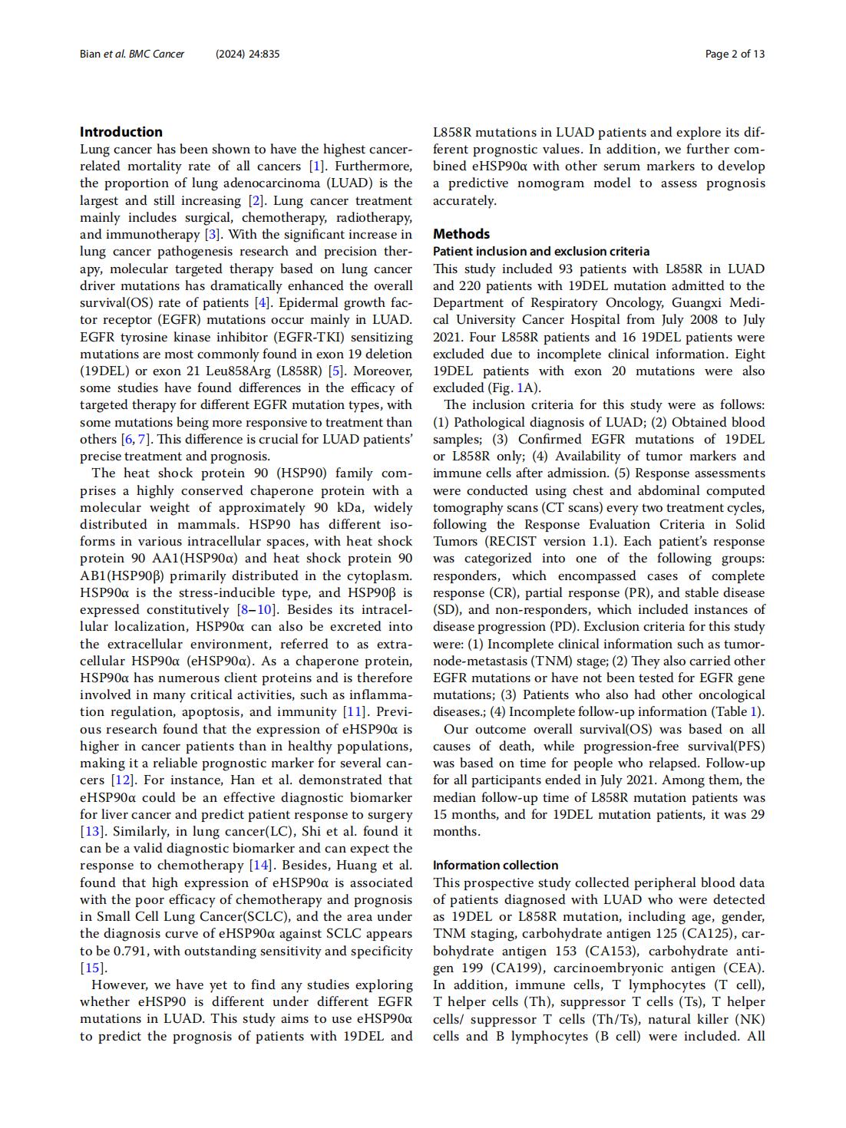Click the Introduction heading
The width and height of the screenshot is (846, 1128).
pyautogui.click(x=121, y=132)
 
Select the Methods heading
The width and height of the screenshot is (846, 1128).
pyautogui.click(x=461, y=234)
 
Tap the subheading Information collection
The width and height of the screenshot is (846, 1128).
pyautogui.click(x=495, y=866)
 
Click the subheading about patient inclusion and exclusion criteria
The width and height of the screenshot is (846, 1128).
pyautogui.click(x=540, y=252)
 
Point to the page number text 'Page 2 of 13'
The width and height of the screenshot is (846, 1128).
pyautogui.click(x=735, y=54)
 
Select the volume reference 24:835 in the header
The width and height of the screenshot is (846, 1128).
pyautogui.click(x=264, y=54)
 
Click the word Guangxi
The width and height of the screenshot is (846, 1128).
pyautogui.click(x=698, y=303)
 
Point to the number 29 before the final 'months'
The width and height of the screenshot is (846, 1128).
pyautogui.click(x=756, y=815)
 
